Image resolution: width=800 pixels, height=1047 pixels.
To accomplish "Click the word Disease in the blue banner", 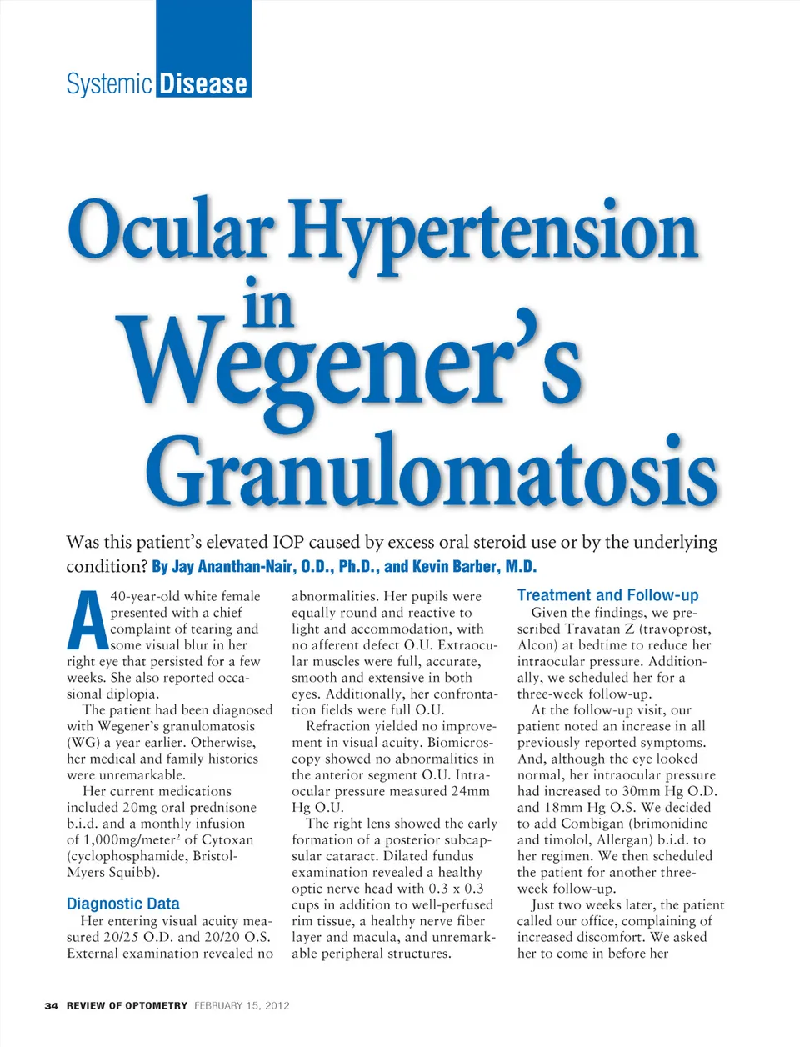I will [x=203, y=83].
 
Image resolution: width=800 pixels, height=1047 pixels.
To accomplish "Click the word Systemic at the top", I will [x=109, y=83].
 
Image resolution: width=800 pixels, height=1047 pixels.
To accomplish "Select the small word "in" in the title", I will [x=268, y=306].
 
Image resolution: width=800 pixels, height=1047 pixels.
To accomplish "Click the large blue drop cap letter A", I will [x=86, y=621].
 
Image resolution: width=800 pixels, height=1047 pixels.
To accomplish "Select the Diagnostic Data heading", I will [x=122, y=904].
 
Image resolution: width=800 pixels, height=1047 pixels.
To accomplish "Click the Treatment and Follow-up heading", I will [x=607, y=595].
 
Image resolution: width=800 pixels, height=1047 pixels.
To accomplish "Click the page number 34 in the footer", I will [x=51, y=1005].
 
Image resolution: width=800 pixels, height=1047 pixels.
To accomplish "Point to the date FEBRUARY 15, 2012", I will [x=242, y=1005].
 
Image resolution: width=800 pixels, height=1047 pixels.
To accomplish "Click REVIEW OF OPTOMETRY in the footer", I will [x=127, y=1005].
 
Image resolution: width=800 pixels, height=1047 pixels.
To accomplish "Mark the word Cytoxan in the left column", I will [x=227, y=839].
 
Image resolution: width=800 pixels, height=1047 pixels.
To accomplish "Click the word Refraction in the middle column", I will [x=338, y=726].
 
